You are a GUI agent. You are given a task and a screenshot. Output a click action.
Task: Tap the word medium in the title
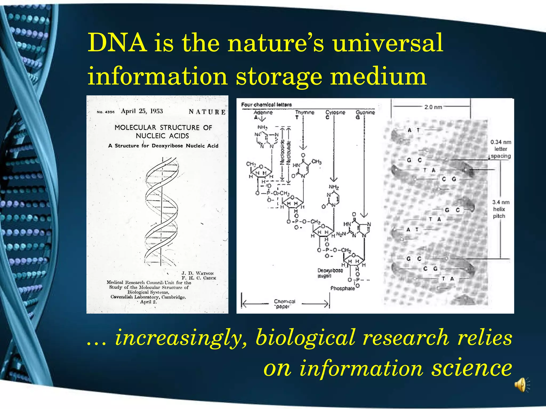[x=378, y=76]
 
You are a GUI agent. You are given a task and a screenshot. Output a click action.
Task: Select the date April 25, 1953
[x=142, y=111]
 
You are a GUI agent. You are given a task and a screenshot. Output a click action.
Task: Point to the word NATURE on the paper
[x=207, y=112]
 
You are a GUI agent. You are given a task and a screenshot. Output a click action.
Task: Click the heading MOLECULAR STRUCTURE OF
[x=163, y=128]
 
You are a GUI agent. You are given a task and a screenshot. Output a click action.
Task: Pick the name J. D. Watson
[x=198, y=273]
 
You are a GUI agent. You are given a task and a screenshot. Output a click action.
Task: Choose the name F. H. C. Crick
[x=199, y=278]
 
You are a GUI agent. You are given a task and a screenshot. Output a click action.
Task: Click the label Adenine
[x=263, y=112]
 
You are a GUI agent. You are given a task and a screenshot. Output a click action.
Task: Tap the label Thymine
[x=304, y=112]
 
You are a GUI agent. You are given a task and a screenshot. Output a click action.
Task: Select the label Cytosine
[x=335, y=112]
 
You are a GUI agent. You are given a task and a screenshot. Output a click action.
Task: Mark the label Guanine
[x=365, y=112]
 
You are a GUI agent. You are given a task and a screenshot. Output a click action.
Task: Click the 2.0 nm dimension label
[x=433, y=107]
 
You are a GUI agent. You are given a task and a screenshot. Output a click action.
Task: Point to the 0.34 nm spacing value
[x=501, y=142]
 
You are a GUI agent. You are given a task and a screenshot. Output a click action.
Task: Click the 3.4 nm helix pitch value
[x=501, y=202]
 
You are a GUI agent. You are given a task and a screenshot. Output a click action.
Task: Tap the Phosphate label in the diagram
[x=343, y=288]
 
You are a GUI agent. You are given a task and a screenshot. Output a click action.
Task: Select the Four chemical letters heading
[x=266, y=105]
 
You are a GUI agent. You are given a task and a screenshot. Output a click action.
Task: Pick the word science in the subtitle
[x=472, y=368]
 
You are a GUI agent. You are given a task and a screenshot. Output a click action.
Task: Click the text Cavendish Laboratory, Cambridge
[x=148, y=297]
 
